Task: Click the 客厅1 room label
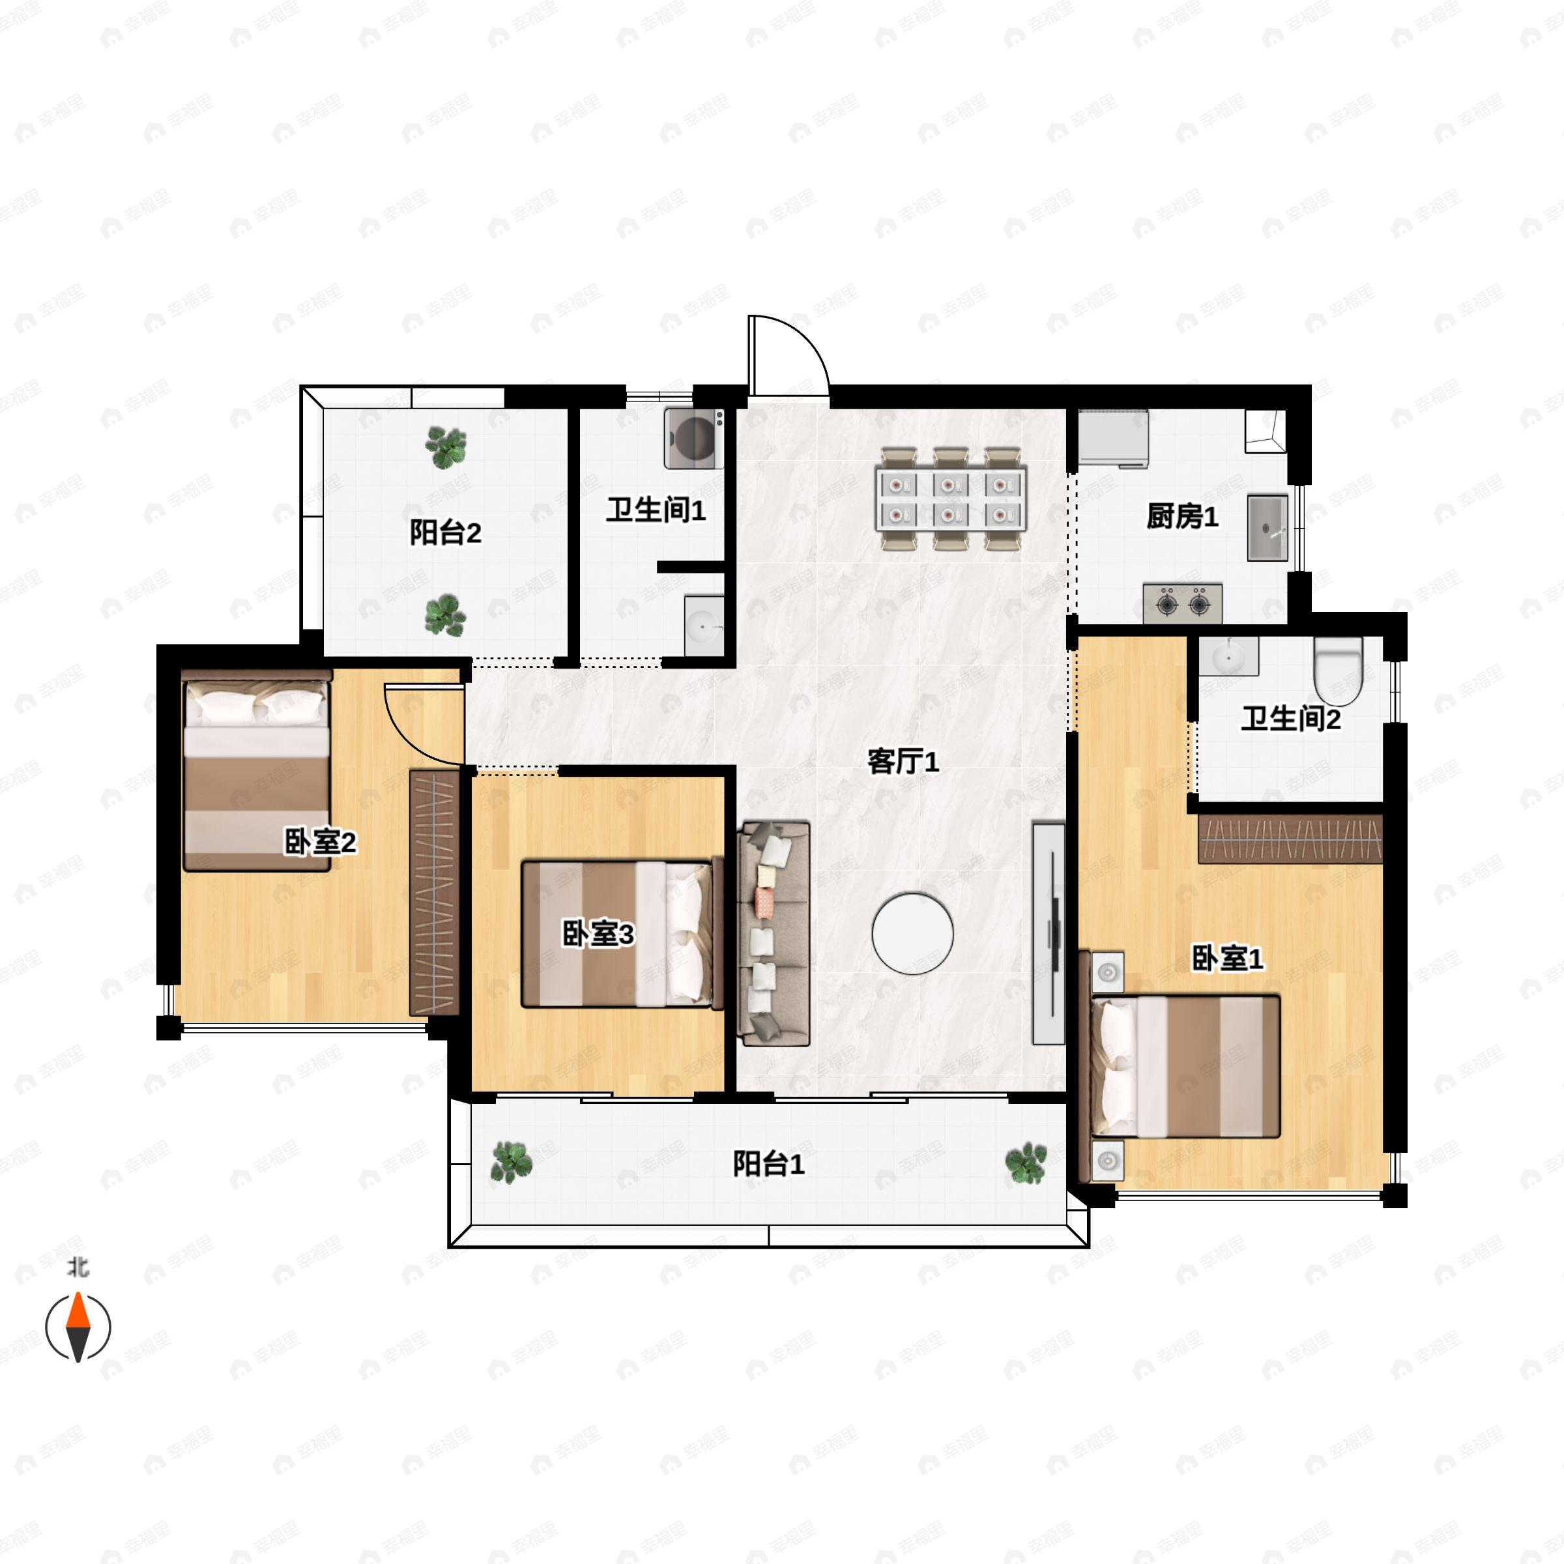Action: coord(903,762)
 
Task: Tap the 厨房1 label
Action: coord(1182,517)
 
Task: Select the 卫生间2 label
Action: coord(1290,718)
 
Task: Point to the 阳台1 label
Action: coord(768,1164)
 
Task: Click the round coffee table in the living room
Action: coord(912,933)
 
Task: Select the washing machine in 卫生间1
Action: coord(694,438)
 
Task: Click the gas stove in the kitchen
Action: coord(1182,603)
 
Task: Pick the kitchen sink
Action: coord(1267,527)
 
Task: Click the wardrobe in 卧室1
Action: coord(1290,839)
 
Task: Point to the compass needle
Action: coord(78,1327)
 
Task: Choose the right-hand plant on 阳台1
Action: coord(1026,1163)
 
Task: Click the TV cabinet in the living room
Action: coord(1049,933)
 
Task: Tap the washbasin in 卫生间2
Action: coord(1228,656)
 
